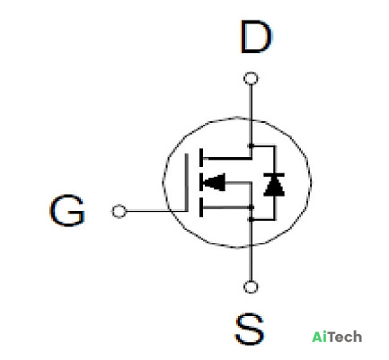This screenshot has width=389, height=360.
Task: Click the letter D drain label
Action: pos(256,37)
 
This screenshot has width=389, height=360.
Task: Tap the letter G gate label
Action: pos(67,210)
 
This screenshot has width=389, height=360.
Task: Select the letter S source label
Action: pos(250,329)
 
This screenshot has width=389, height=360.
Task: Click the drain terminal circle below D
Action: pos(251,79)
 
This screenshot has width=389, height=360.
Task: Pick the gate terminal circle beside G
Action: pos(119,211)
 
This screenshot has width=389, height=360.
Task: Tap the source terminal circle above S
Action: pos(251,287)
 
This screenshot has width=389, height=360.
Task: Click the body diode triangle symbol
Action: pos(274,187)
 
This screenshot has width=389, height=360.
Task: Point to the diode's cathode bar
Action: pos(274,175)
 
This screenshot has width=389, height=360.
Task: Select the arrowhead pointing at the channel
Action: pos(214,182)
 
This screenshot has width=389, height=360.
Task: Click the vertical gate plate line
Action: pos(187,182)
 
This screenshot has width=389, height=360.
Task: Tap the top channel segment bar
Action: pos(201,158)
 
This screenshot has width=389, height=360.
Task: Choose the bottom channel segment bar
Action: pos(201,207)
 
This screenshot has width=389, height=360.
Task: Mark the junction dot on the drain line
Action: pos(251,145)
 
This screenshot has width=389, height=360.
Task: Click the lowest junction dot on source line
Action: pos(251,220)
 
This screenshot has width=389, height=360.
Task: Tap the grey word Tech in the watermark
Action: pos(343,337)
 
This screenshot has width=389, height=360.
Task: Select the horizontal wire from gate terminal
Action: pos(155,211)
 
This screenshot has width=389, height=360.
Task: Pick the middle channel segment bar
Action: pos(201,182)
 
